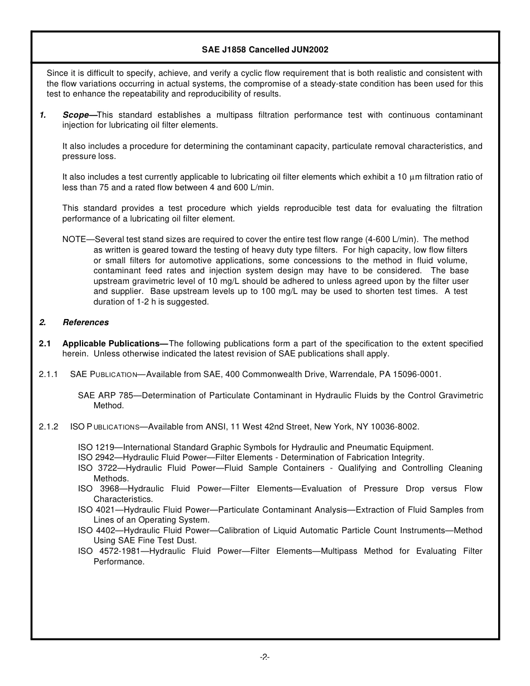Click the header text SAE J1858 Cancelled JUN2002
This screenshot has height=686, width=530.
(x=265, y=50)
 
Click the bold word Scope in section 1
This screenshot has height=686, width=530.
(x=75, y=115)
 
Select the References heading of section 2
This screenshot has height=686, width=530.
(x=85, y=322)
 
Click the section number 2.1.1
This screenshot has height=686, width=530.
(x=49, y=374)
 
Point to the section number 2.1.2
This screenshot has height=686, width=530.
(x=49, y=427)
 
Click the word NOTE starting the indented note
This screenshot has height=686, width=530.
(x=74, y=239)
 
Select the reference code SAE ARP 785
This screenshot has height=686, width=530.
(x=105, y=395)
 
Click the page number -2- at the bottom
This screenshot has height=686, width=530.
(x=265, y=658)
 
